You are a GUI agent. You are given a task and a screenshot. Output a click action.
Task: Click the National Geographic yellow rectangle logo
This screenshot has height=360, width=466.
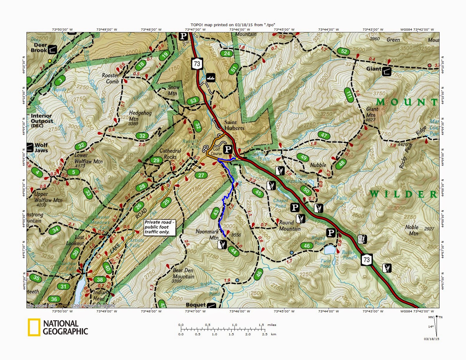point(34,327)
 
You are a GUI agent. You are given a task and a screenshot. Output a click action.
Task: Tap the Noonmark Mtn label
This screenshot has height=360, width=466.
point(207,234)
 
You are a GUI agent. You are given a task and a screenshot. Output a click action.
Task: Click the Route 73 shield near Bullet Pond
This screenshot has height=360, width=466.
point(367,260)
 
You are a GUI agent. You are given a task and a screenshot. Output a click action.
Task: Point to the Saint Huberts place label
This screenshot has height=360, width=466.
point(234,125)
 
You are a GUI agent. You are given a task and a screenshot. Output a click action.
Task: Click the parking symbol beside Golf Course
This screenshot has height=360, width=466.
point(228,149)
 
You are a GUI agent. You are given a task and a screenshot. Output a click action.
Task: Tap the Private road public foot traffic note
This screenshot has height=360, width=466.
point(159,227)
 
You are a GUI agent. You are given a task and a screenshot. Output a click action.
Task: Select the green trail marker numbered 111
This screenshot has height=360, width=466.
point(349,95)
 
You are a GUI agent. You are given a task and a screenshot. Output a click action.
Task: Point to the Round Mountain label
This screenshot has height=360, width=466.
point(289,226)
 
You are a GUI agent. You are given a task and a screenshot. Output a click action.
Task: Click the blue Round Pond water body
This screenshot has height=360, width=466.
point(330,250)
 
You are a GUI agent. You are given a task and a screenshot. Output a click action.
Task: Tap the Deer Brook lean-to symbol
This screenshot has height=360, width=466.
point(53,49)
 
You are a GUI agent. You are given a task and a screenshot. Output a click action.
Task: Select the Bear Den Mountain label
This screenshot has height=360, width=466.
point(183,274)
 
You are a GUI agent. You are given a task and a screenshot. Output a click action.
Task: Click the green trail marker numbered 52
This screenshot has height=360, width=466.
point(344,51)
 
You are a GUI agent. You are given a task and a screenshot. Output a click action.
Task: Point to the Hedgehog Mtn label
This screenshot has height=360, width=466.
point(140,116)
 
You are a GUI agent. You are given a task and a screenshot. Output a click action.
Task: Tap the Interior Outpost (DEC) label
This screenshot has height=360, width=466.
point(42,121)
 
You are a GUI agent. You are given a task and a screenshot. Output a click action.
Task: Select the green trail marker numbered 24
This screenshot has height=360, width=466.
point(227,54)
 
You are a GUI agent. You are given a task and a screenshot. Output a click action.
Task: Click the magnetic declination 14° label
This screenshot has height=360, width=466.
point(430,326)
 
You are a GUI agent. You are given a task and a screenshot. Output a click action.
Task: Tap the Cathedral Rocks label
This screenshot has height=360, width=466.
point(170,154)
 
